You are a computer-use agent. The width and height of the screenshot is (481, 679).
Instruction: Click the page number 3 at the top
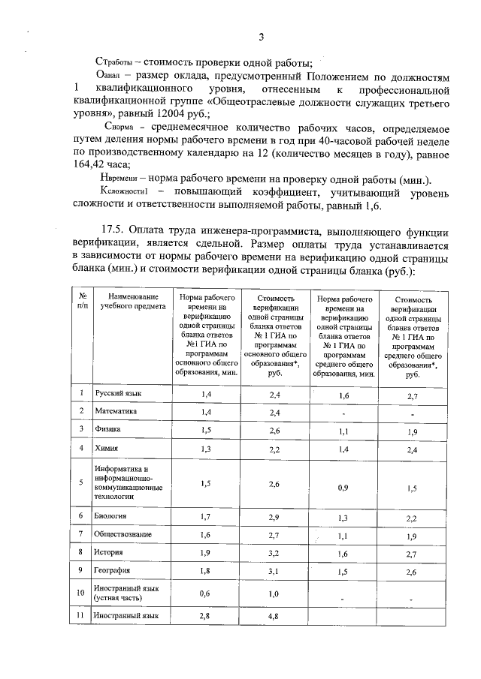(x=260, y=37)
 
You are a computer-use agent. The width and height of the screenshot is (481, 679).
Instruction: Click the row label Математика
(x=115, y=411)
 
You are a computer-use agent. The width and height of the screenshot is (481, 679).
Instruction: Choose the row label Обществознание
(x=123, y=534)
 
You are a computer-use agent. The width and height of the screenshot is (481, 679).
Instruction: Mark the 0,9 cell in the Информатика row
(x=343, y=487)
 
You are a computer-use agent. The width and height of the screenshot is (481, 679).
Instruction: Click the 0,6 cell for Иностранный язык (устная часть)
(x=206, y=594)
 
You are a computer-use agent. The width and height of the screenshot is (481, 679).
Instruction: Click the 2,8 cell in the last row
(x=206, y=617)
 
